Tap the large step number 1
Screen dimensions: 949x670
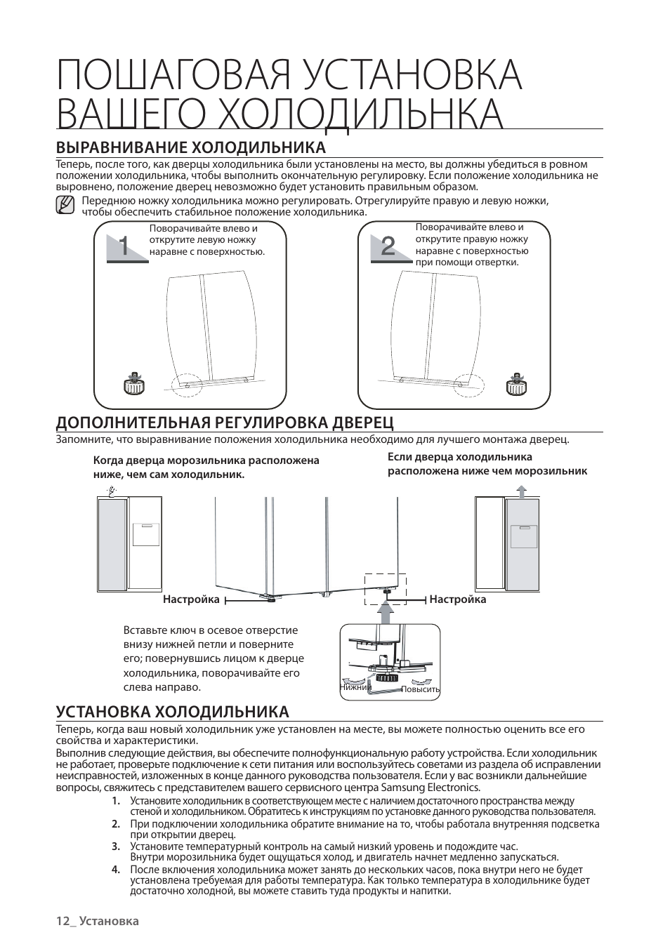124,246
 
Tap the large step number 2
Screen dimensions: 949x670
388,246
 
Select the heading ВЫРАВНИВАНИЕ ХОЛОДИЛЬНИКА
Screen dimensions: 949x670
190,147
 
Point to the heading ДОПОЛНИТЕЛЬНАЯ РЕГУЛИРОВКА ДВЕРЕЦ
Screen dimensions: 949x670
225,422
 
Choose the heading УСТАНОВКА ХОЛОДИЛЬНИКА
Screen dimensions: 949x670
172,712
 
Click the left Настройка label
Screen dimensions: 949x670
191,599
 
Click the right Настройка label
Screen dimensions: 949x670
458,599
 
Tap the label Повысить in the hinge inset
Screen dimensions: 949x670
420,689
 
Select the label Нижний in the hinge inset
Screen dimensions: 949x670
355,687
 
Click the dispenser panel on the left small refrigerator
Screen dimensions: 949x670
145,535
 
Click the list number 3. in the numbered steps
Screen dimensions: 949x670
115,847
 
